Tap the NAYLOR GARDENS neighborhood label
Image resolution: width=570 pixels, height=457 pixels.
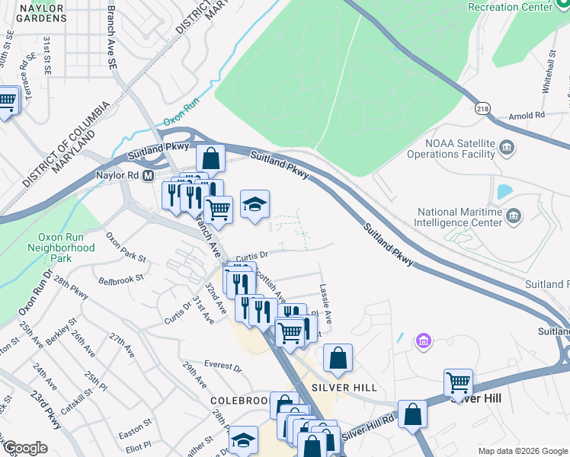31,14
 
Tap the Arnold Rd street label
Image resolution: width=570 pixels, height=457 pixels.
529,116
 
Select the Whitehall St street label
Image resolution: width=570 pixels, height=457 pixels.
547,72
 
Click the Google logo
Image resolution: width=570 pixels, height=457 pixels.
24,447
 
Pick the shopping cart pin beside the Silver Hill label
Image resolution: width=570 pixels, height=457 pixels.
458,382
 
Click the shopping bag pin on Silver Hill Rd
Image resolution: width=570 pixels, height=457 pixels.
412,414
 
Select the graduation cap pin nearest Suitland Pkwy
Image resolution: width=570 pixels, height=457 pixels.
255,203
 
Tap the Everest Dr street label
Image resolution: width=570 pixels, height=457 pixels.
222,366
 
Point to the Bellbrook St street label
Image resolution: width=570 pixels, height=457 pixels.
121,279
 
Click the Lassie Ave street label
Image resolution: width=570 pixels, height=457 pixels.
325,302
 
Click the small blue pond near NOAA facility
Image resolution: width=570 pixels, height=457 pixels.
504,192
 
